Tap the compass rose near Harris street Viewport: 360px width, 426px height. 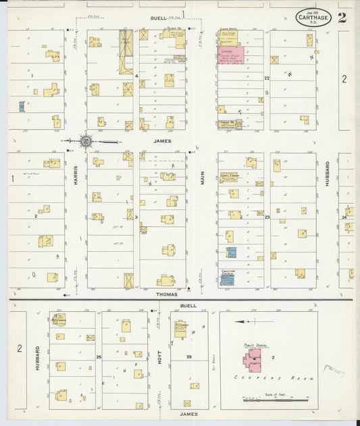pos(86,141)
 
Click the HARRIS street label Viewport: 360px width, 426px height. pos(76,176)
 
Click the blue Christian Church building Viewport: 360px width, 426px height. pos(227,279)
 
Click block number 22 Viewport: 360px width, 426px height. pos(267,78)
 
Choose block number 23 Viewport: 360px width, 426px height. pos(267,217)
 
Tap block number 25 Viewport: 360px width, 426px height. pos(99,356)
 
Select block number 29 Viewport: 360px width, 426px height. pos(189,356)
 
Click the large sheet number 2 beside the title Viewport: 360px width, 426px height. pos(342,18)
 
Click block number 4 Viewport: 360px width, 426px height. pos(136,76)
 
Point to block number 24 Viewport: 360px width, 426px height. pos(344,217)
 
